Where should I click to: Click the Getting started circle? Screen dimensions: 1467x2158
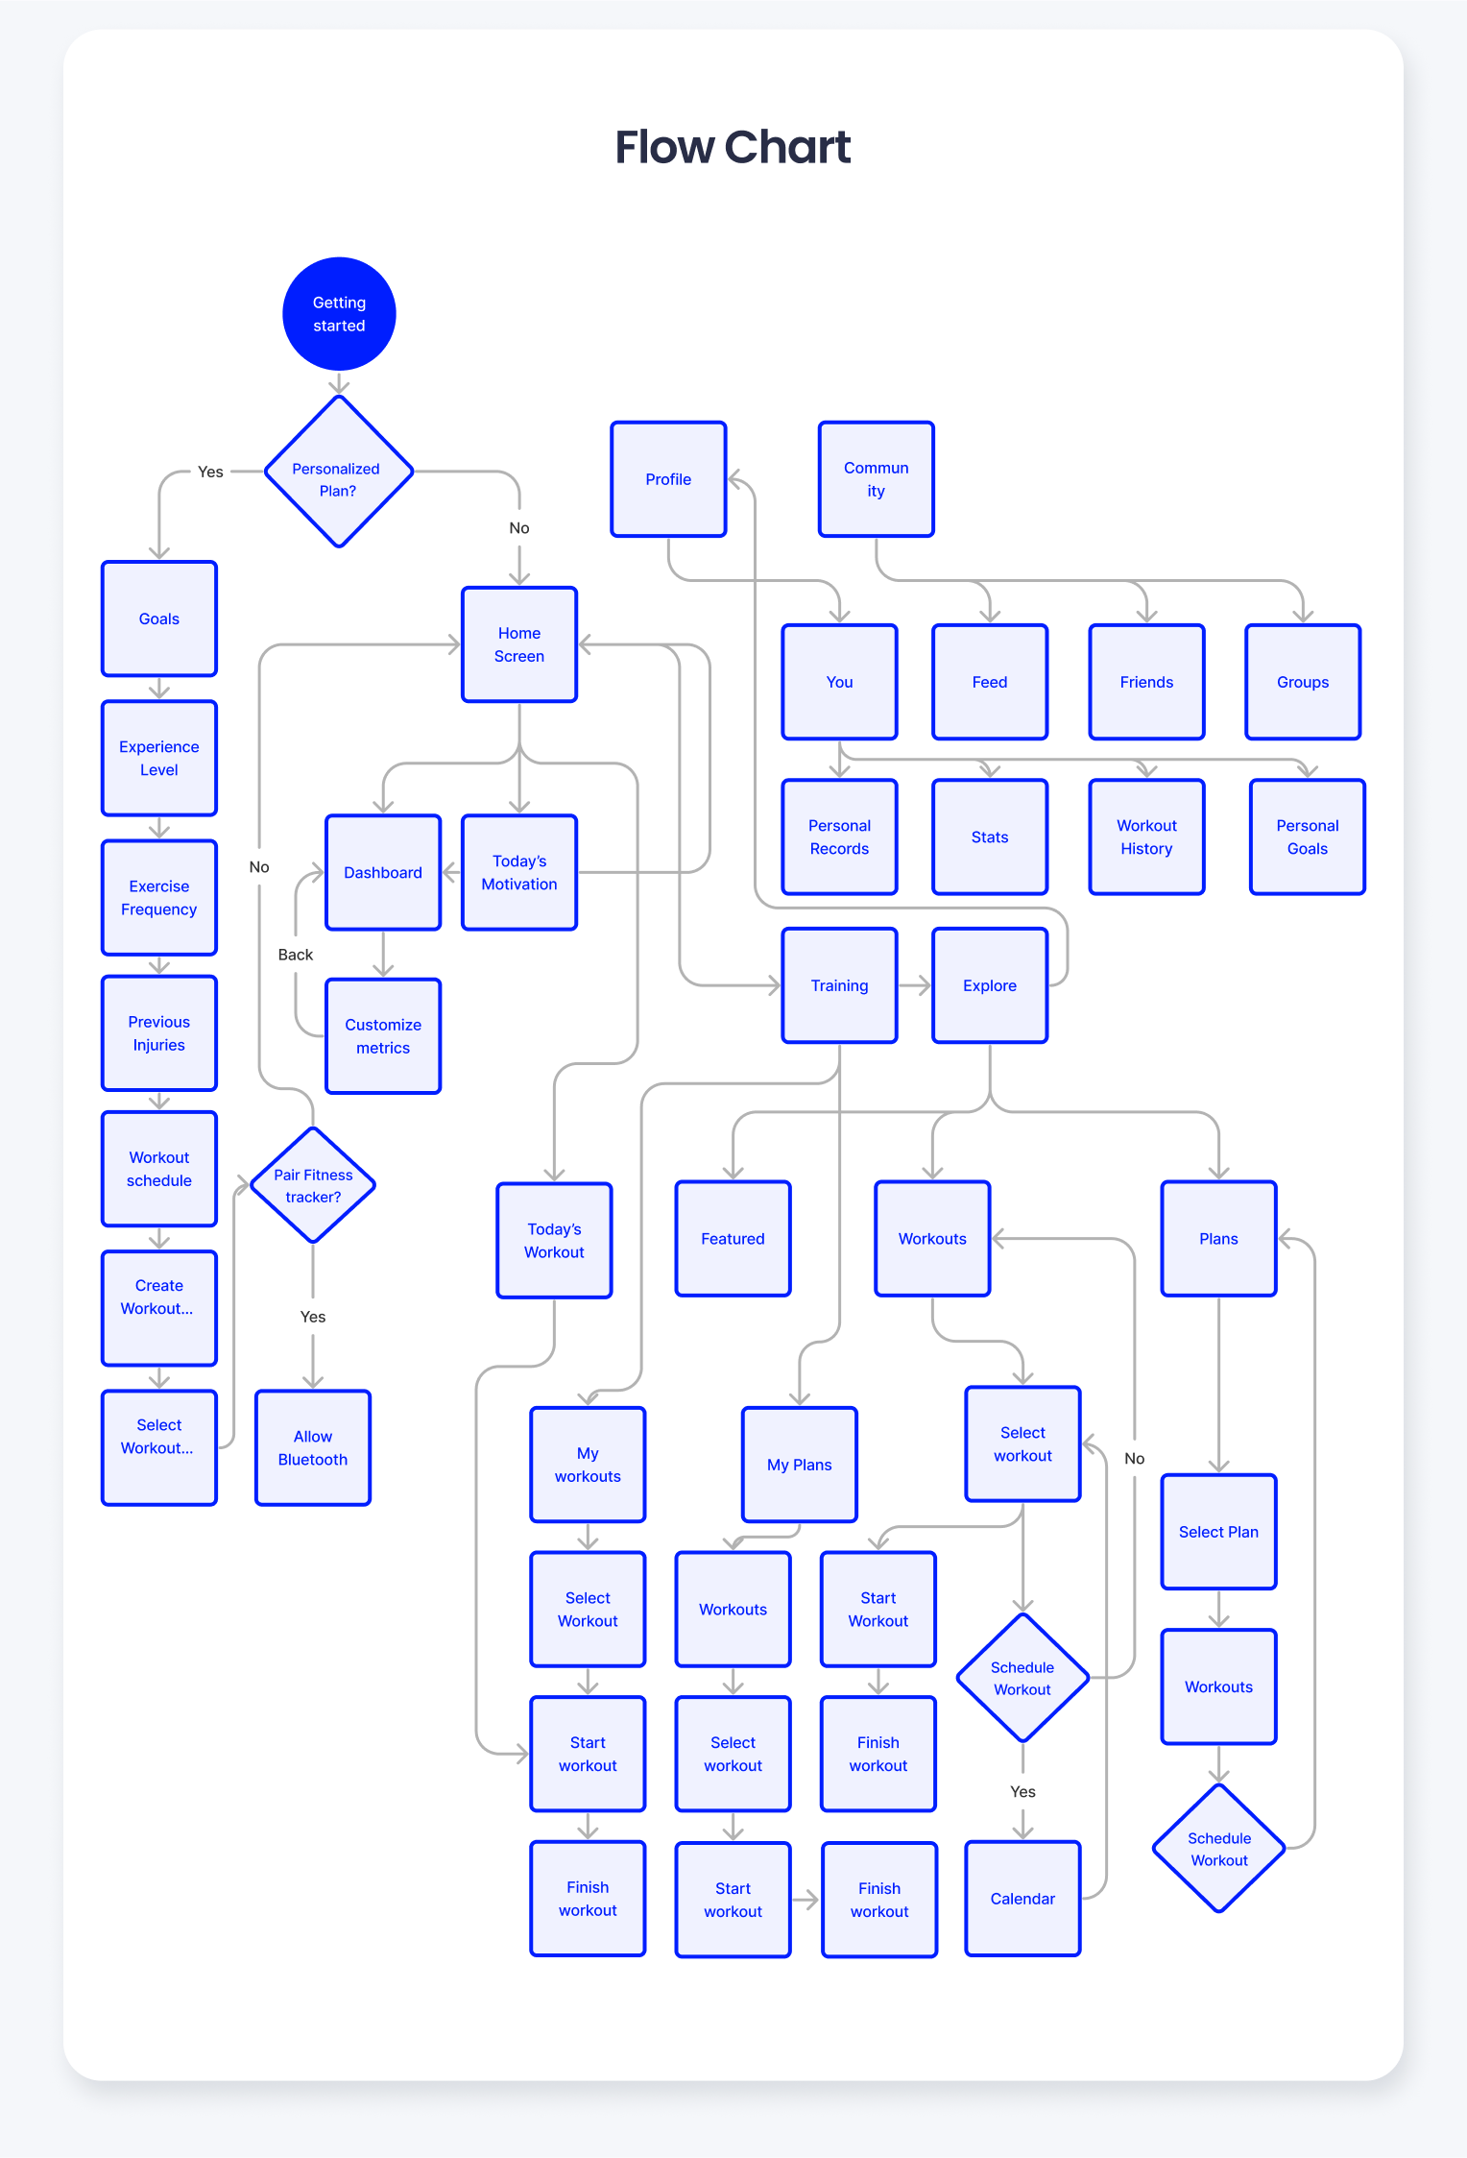tap(339, 314)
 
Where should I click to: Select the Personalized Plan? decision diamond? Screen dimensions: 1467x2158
tap(338, 472)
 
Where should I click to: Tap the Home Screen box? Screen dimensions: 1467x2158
tap(519, 644)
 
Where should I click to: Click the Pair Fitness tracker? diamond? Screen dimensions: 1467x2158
tap(313, 1185)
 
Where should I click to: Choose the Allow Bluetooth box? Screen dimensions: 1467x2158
tap(313, 1447)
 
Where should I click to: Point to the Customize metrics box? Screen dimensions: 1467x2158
tap(383, 1036)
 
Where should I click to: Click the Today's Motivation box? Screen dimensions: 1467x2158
tap(519, 872)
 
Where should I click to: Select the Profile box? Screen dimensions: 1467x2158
tap(668, 479)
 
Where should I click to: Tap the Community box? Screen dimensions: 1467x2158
tap(876, 479)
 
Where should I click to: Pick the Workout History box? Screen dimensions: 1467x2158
tap(1146, 837)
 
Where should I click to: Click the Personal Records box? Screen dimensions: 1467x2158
tap(839, 837)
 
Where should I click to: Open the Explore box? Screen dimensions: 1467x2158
tap(990, 985)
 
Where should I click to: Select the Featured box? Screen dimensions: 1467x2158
tap(733, 1239)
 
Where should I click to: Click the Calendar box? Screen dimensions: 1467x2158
tap(1022, 1899)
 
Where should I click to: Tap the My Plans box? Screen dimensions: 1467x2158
tap(800, 1465)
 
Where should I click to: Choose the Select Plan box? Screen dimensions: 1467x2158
tap(1218, 1532)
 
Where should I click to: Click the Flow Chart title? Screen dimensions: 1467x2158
tap(733, 147)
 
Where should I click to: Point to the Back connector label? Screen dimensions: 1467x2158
tap(296, 955)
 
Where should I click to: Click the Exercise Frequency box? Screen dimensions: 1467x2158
tap(159, 898)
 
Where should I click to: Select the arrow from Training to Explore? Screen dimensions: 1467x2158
tap(914, 985)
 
